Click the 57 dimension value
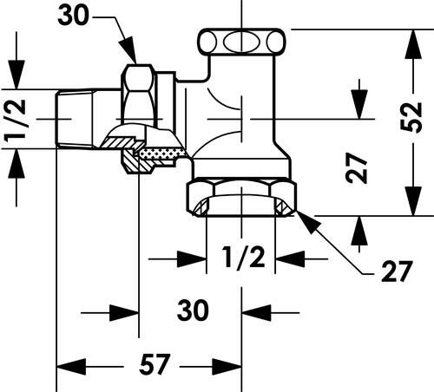pos(154,364)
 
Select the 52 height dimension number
pos(411,117)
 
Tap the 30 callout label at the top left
pos(73,16)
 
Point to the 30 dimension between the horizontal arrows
pos(193,310)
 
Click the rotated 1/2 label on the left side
pos(15,121)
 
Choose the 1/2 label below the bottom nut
pos(244,258)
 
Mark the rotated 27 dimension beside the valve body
pos(357,168)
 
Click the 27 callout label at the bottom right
pos(396,271)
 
